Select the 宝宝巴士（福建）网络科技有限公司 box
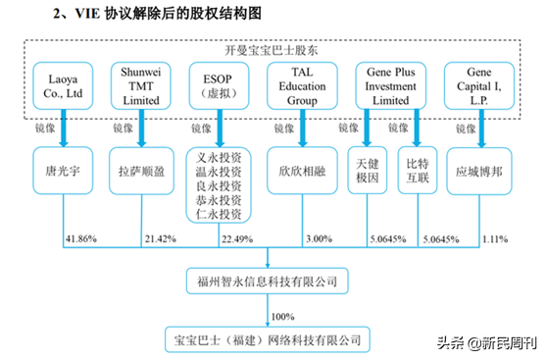pos(268,339)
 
